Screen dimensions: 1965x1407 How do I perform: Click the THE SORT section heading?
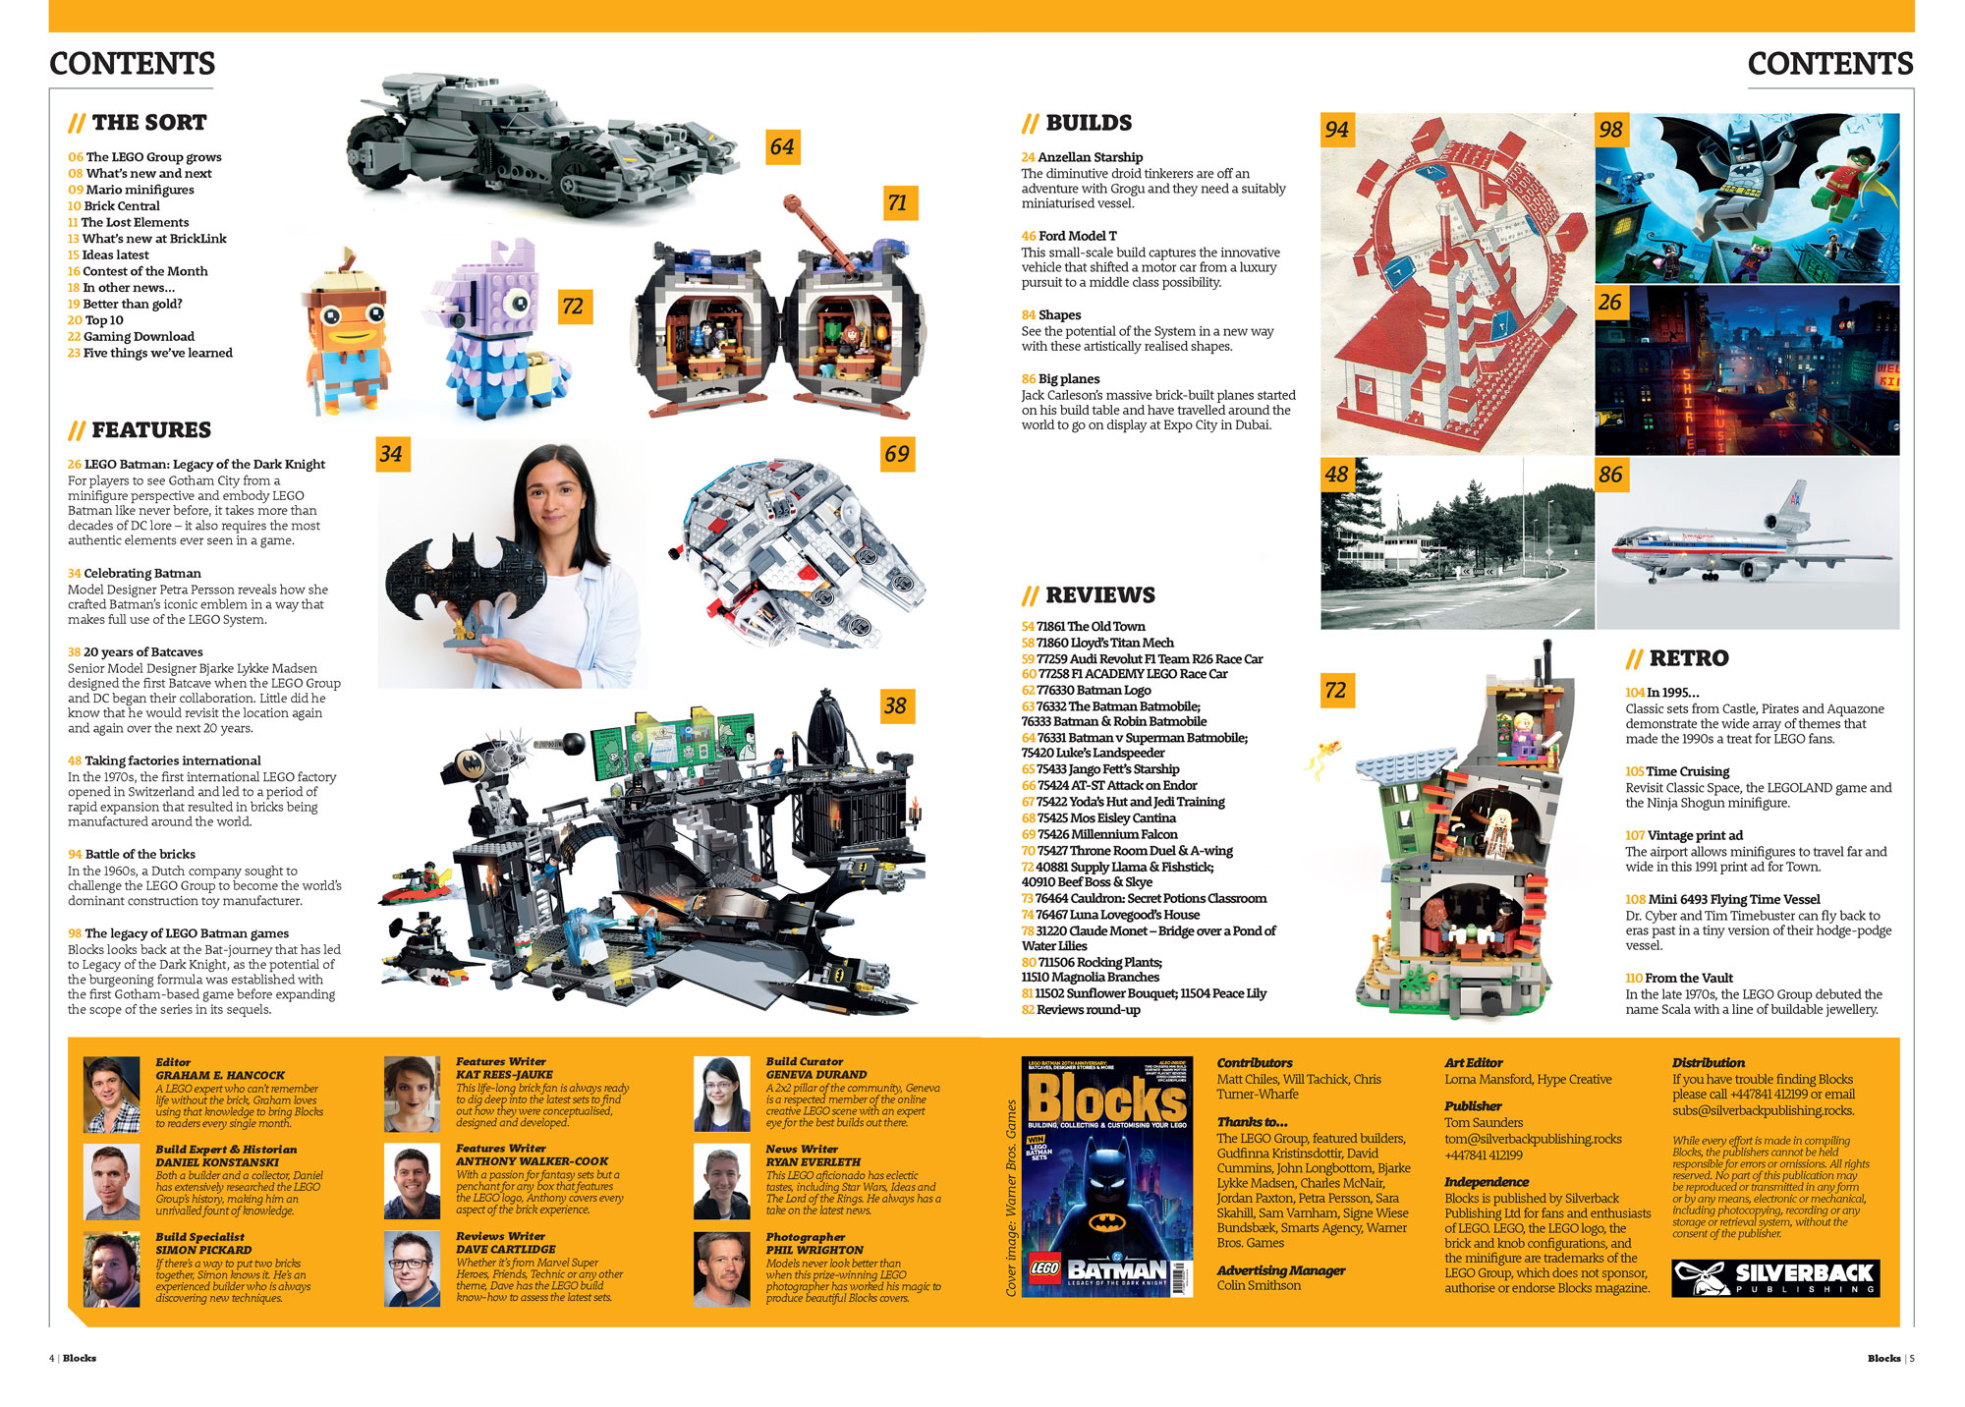point(138,123)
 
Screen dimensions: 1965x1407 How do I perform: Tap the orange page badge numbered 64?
point(782,146)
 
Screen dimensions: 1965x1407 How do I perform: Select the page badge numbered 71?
point(897,202)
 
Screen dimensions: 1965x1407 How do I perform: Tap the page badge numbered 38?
point(895,705)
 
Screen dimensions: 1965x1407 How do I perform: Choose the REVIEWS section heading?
point(1089,595)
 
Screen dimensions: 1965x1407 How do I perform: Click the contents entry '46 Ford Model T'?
point(1069,236)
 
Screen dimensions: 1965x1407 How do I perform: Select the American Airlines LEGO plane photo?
point(1748,542)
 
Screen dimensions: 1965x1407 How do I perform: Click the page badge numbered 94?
point(1336,130)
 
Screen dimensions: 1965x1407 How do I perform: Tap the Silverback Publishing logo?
point(1775,1277)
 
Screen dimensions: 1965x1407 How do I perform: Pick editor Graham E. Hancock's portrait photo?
point(111,1095)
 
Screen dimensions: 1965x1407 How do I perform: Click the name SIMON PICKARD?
point(204,1250)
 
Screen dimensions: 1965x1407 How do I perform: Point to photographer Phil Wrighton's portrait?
point(722,1269)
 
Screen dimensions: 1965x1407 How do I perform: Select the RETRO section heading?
point(1677,658)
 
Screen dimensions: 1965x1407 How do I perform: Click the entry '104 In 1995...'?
point(1662,693)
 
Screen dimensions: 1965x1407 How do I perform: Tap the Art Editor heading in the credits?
point(1474,1063)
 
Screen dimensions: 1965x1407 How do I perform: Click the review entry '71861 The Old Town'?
point(1084,627)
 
